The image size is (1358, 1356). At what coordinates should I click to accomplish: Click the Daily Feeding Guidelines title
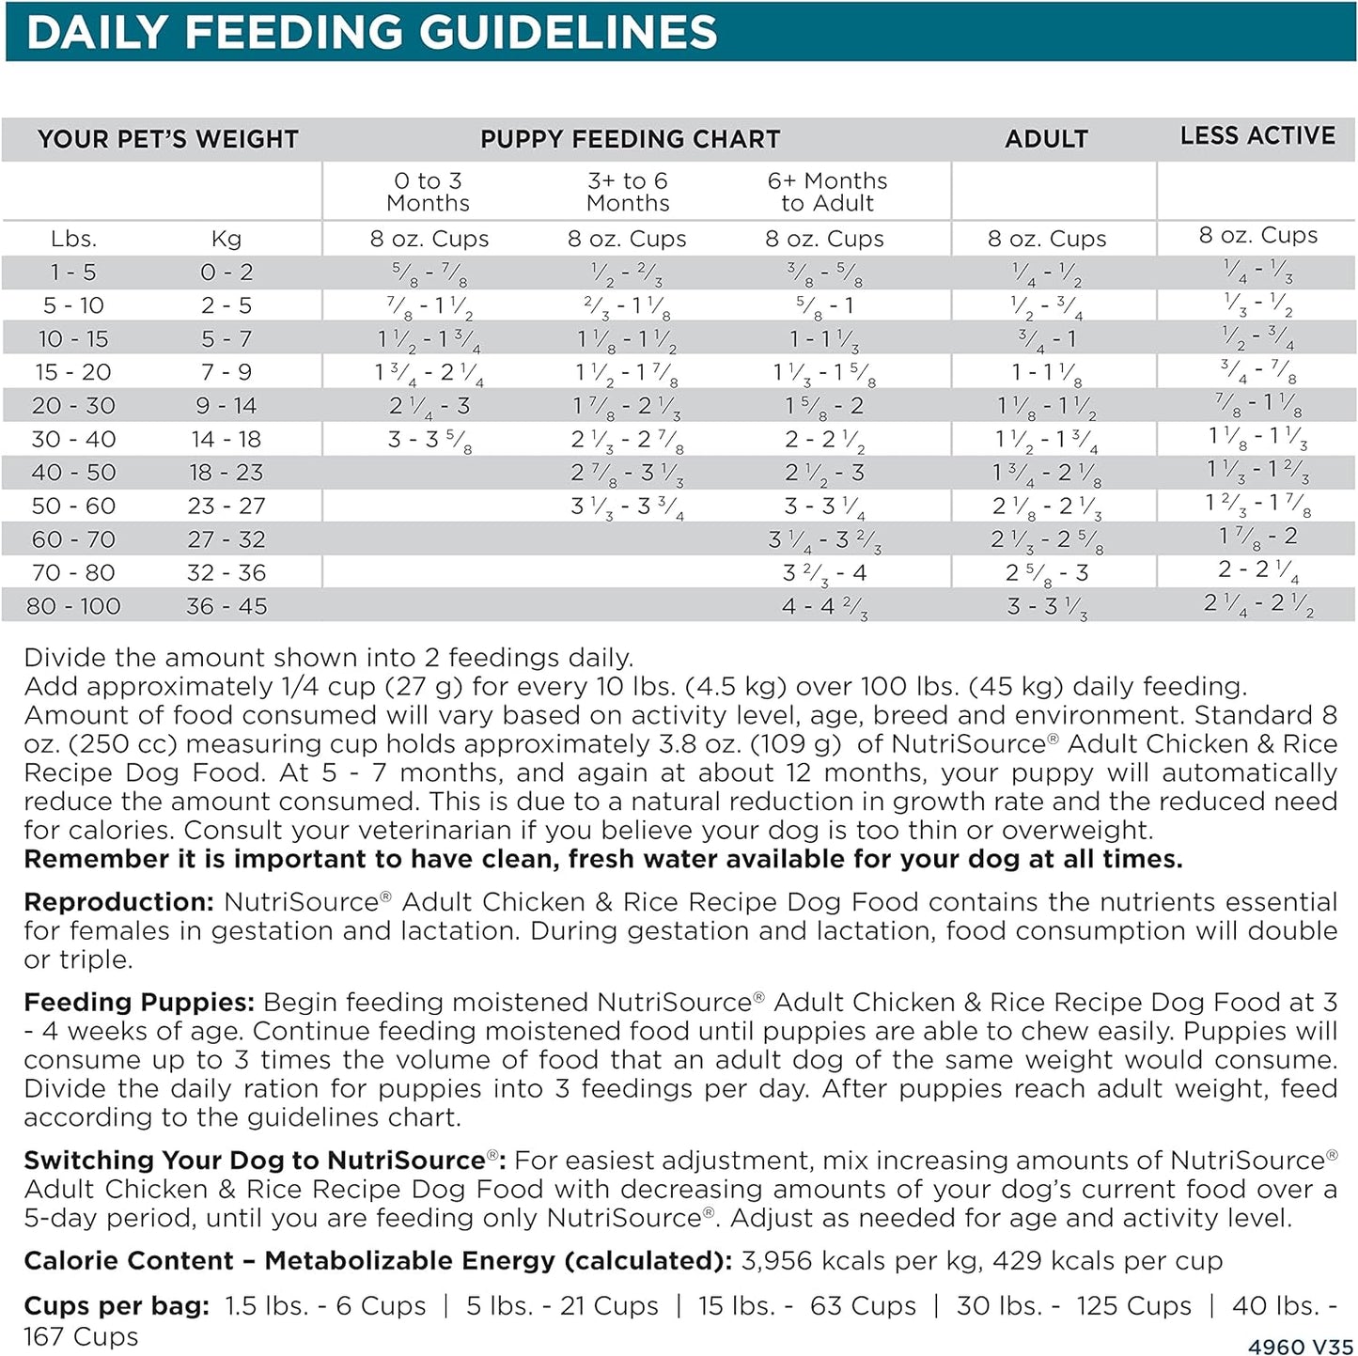coord(372,33)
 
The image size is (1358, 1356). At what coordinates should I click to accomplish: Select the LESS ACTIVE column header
coord(1257,136)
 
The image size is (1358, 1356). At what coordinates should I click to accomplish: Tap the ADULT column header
coord(1046,139)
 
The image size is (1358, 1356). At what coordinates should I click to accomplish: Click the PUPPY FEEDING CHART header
coord(630,139)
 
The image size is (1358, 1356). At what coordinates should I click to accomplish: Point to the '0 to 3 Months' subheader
coord(429,192)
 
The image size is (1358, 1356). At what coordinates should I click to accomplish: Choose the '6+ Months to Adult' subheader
coord(827,192)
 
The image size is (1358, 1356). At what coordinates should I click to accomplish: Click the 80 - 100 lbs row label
coord(73,606)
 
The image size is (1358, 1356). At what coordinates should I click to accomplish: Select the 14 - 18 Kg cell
coord(226,439)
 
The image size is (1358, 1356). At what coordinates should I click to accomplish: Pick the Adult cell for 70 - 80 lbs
coord(1046,573)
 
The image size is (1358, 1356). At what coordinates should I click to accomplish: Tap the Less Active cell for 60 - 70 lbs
coord(1257,538)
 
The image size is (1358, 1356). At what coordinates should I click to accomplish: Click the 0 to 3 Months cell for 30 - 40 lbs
coord(429,440)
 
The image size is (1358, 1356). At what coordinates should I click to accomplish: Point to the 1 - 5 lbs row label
coord(73,273)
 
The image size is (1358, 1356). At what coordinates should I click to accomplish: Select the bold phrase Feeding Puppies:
coord(139,1002)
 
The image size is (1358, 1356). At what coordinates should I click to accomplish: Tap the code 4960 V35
coord(1301,1347)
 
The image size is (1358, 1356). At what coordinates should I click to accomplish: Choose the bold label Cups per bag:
coord(117,1306)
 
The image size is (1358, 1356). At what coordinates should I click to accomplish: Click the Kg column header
coord(226,240)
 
